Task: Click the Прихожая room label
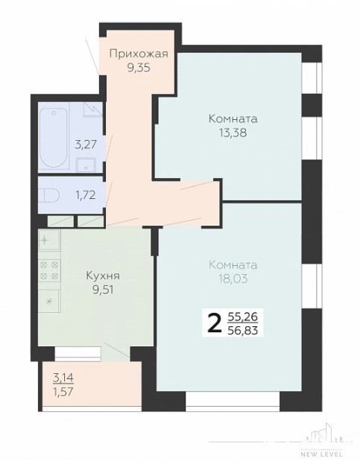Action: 139,54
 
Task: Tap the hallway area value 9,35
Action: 139,68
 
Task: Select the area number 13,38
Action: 233,133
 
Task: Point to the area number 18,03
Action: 233,279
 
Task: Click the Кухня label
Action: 103,276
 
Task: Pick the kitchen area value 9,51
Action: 103,290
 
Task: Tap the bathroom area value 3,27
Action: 86,145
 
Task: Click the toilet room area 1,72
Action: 85,195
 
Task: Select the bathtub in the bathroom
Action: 53,138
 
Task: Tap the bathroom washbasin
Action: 86,165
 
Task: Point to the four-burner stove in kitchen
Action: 49,271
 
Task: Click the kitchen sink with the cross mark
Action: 49,240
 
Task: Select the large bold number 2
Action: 215,323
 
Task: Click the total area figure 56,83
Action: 243,330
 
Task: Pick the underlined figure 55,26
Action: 243,317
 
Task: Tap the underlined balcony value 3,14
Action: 63,378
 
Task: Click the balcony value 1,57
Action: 63,392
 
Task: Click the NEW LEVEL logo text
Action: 322,454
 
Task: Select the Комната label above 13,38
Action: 233,119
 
